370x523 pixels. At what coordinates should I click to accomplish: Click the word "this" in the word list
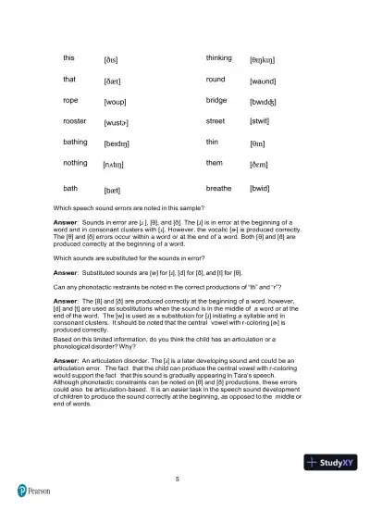click(69, 57)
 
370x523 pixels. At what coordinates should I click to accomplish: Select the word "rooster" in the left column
click(76, 121)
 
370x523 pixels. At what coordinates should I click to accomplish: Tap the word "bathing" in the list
click(76, 142)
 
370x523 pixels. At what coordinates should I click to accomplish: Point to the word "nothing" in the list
click(76, 163)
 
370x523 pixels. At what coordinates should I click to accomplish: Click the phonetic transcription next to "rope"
click(116, 101)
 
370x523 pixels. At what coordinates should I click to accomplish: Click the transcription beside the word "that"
click(114, 81)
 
